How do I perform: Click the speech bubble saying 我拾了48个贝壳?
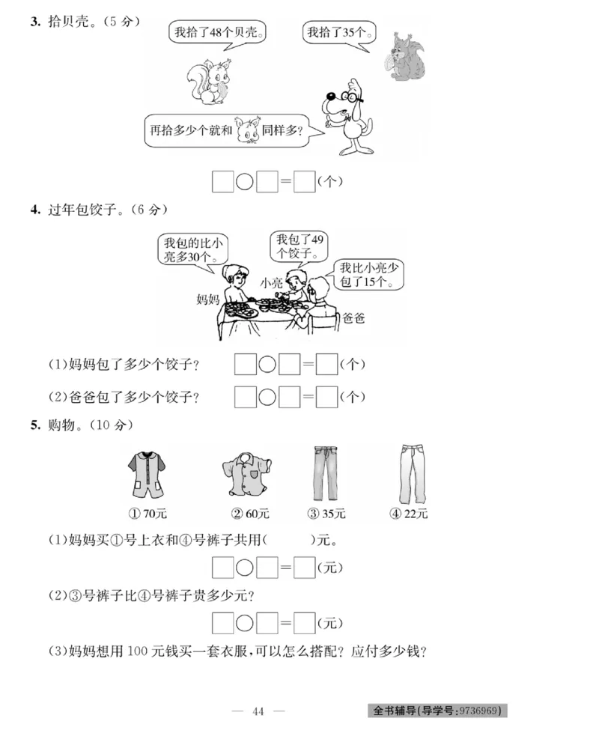click(219, 33)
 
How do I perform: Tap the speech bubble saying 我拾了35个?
click(339, 33)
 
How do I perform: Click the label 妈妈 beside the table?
click(207, 299)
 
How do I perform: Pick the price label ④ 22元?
click(408, 514)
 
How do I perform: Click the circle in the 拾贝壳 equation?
click(244, 182)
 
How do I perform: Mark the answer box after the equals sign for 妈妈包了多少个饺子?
click(326, 365)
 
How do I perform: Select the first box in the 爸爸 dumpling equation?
click(246, 397)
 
